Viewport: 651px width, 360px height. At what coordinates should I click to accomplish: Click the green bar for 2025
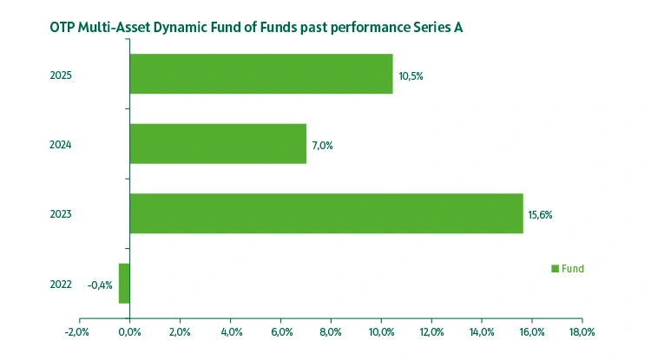point(260,75)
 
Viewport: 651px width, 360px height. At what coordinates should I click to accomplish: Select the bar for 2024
point(218,144)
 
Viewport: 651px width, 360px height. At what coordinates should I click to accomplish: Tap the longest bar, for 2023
point(326,213)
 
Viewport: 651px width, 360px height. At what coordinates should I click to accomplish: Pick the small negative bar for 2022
point(124,284)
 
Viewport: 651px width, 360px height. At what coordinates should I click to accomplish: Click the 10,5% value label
point(411,76)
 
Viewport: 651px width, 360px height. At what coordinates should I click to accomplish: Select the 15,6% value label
point(540,215)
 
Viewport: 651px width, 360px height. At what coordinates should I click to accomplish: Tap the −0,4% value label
point(100,285)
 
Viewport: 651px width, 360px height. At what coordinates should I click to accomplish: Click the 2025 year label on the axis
point(61,75)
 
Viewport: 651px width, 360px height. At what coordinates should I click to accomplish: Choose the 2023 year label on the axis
point(61,214)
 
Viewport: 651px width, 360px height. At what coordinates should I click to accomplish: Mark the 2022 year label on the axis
point(61,285)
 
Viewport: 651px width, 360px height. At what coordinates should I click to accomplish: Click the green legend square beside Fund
point(556,269)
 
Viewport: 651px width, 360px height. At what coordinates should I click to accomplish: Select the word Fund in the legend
point(573,269)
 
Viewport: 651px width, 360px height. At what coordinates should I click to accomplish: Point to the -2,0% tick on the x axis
point(77,332)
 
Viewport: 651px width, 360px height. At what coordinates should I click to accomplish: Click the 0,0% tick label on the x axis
point(129,332)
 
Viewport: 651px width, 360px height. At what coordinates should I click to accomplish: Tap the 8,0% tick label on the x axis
point(331,332)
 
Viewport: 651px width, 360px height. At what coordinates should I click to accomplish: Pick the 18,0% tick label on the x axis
point(582,332)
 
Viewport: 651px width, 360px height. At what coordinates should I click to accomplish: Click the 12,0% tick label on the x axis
point(431,332)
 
